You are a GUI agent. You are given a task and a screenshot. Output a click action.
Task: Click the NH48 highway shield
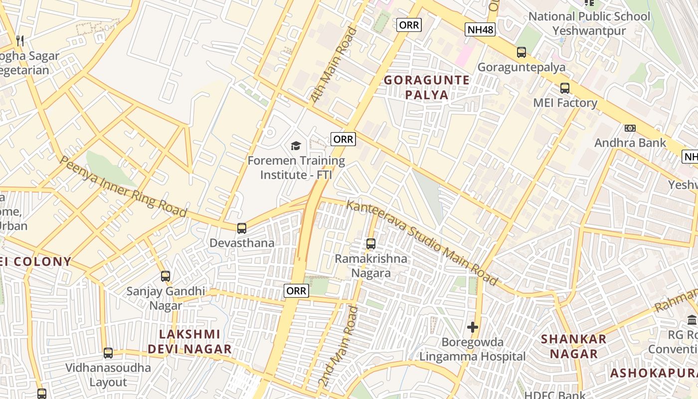point(481,29)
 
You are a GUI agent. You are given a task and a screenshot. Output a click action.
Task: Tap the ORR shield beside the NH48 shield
point(409,25)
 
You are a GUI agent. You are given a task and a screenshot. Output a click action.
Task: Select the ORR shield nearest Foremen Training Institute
point(343,139)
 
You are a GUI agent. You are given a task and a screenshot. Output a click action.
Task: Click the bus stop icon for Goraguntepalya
point(522,52)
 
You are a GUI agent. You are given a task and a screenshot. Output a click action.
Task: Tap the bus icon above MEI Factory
point(565,88)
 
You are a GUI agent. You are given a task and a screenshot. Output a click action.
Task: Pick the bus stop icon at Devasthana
point(242,228)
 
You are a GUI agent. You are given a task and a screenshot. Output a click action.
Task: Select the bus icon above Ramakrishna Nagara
point(371,244)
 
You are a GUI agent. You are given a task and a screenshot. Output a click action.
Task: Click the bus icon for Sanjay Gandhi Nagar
point(166,276)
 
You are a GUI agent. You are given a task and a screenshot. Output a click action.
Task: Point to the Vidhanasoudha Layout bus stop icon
point(108,353)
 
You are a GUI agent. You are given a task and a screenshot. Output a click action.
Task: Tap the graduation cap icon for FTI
point(296,146)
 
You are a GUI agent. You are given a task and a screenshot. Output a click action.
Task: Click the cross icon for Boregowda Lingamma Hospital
point(473,327)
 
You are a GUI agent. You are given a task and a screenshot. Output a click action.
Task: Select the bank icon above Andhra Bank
point(630,128)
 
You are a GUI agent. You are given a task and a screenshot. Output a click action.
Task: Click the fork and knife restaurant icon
point(20,40)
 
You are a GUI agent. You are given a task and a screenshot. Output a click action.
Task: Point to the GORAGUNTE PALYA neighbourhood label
point(427,87)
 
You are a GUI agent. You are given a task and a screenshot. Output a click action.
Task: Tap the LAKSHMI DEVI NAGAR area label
point(189,342)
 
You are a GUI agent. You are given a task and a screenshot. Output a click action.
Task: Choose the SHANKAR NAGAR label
point(574,346)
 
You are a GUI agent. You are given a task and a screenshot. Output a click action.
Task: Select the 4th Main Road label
point(335,65)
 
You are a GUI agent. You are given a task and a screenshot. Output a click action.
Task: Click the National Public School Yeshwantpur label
point(589,23)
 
